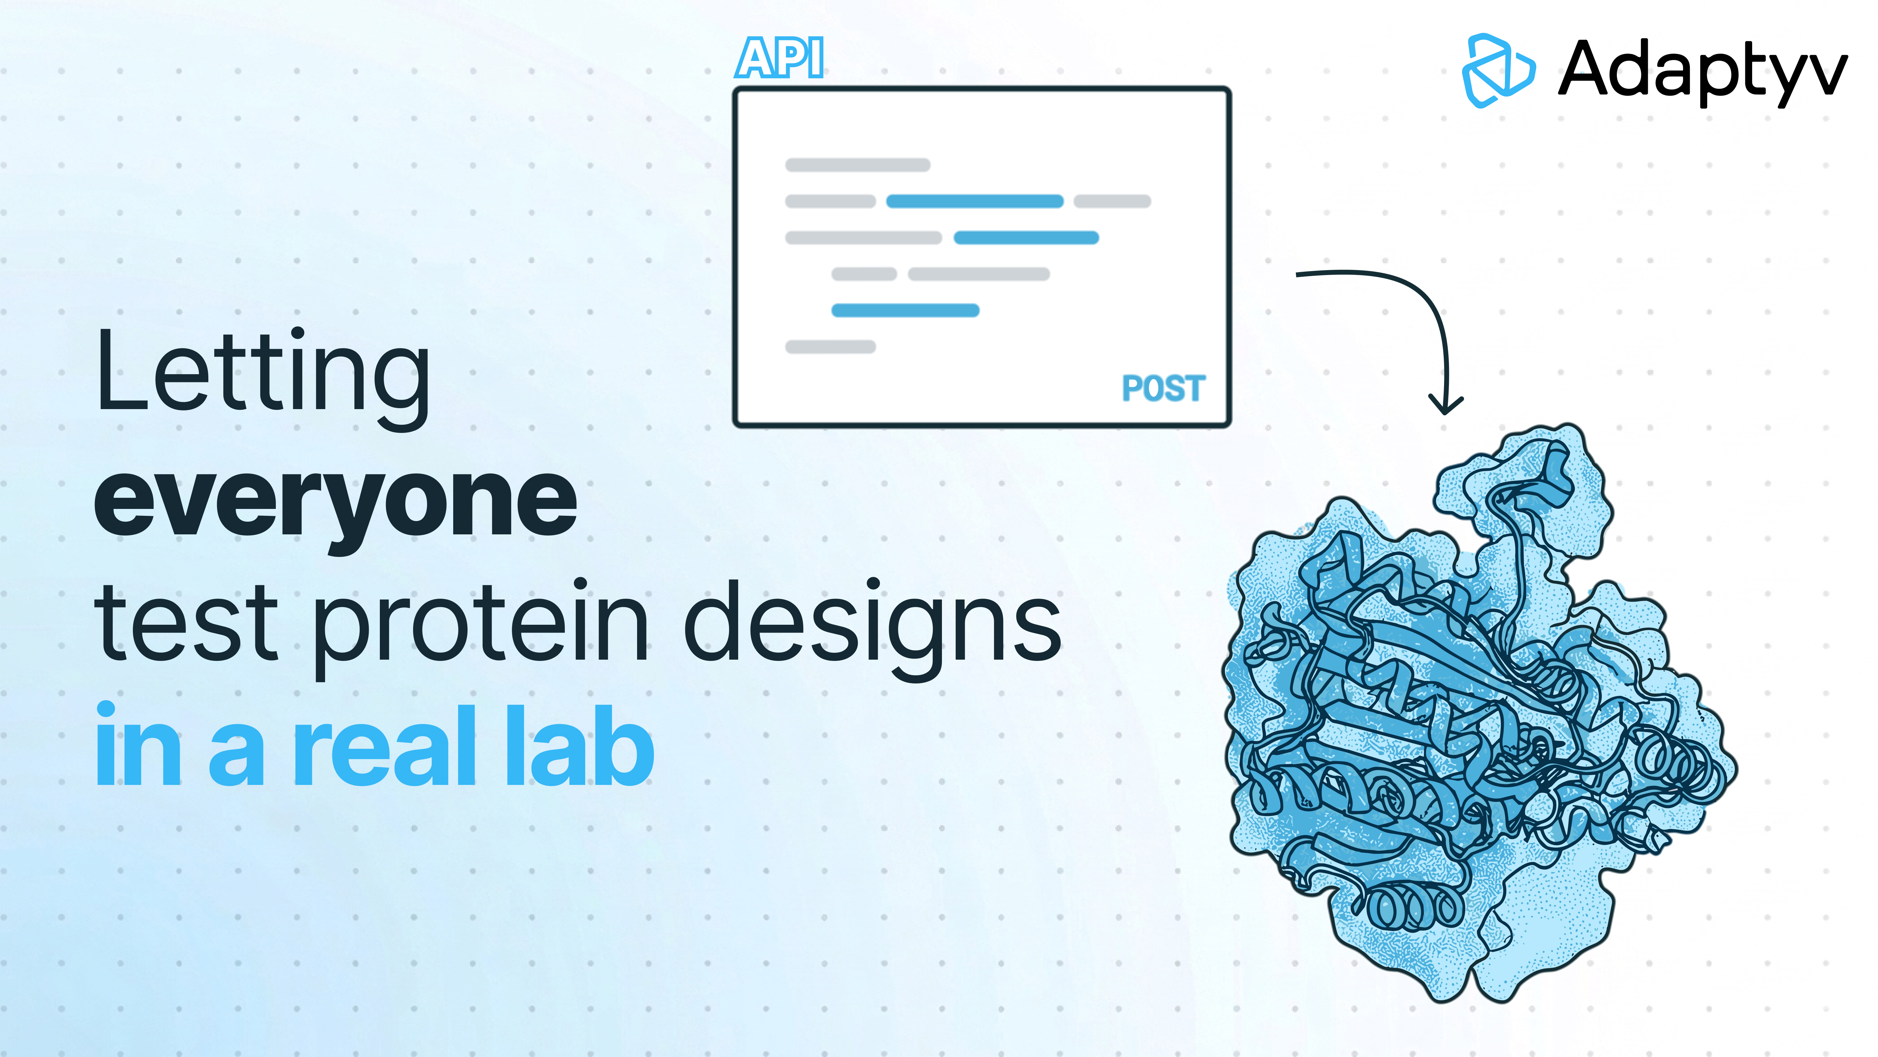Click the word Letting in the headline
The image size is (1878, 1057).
point(262,374)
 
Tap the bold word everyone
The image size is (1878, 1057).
point(335,502)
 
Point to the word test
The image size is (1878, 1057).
point(186,624)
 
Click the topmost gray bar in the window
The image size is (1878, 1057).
point(857,165)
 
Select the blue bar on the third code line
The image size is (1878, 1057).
point(1026,238)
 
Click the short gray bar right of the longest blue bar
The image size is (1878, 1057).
point(1112,201)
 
